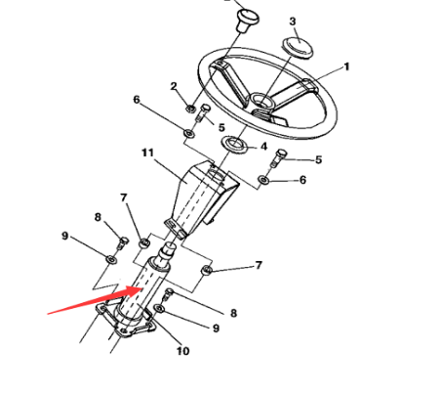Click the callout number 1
click(345, 67)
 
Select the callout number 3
click(293, 22)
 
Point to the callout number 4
click(261, 148)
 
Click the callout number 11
click(148, 153)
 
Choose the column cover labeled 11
click(200, 200)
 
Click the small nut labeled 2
click(190, 107)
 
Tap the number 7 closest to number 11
click(124, 198)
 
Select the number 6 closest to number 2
click(137, 100)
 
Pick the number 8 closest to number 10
click(233, 313)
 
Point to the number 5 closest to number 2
click(221, 127)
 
